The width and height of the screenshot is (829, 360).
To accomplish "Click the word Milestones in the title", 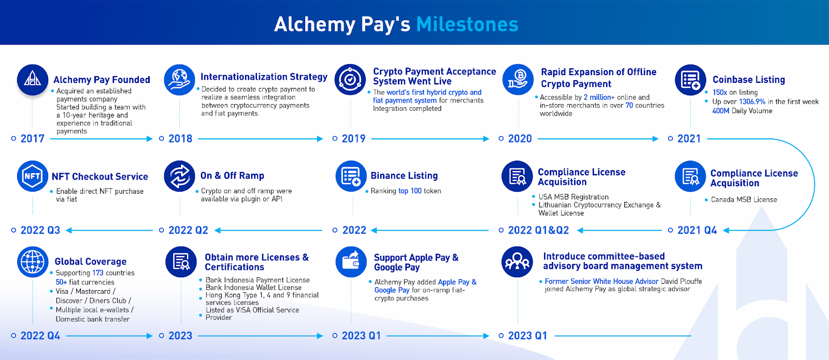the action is [x=467, y=24].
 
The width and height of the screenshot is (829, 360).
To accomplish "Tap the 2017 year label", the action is [x=32, y=139].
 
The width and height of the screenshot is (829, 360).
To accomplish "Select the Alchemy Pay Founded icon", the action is [x=33, y=80].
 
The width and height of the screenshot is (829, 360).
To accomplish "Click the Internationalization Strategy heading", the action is [x=264, y=77].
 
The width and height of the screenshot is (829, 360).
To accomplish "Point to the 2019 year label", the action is [x=353, y=139].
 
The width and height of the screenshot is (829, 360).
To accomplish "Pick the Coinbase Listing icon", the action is [x=690, y=80].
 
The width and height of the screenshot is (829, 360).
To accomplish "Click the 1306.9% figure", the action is [x=752, y=102].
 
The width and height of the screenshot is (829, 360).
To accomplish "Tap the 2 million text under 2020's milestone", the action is [x=597, y=97].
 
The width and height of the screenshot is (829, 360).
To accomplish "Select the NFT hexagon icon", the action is [x=33, y=176].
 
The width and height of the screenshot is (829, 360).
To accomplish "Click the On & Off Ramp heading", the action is [x=232, y=176].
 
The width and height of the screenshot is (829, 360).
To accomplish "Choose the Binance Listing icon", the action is [x=351, y=176].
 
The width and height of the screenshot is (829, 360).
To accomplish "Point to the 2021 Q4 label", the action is [x=697, y=231].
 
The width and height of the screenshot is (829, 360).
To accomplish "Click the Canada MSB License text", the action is [x=744, y=200].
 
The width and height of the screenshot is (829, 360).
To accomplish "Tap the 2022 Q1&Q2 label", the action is [x=538, y=231].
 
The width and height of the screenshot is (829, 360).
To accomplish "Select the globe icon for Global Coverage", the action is [x=33, y=262].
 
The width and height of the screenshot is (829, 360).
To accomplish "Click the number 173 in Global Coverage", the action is [x=98, y=273].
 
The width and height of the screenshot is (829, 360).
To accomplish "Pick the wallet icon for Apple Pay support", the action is [x=351, y=262].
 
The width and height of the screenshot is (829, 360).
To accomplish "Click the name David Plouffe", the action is [x=681, y=282].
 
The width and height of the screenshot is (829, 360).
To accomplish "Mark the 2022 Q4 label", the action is [x=40, y=336].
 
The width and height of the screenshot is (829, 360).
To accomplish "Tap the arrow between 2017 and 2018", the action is [x=102, y=139].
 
